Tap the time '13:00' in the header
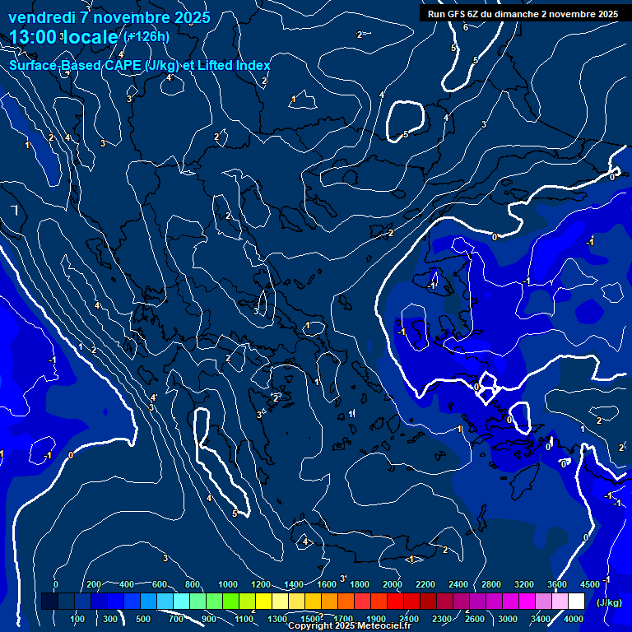(x=34, y=37)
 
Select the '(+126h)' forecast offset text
(x=146, y=36)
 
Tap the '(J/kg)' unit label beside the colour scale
(x=609, y=603)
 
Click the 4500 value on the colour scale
(x=590, y=584)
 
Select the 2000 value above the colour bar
(x=393, y=584)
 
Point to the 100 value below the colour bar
(x=78, y=619)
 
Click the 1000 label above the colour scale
(x=228, y=584)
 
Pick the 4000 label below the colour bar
(x=574, y=619)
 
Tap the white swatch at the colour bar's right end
(x=576, y=602)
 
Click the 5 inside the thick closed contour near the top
(x=406, y=134)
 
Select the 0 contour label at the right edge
(x=612, y=176)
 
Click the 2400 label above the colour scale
(x=458, y=584)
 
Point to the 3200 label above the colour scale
(x=524, y=584)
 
